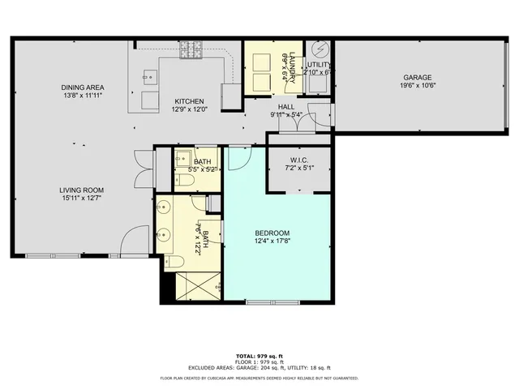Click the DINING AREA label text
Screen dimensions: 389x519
(x=82, y=88)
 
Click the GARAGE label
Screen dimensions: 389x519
(x=418, y=55)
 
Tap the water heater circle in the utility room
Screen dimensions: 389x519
(x=319, y=48)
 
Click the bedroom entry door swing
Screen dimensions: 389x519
(x=237, y=158)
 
